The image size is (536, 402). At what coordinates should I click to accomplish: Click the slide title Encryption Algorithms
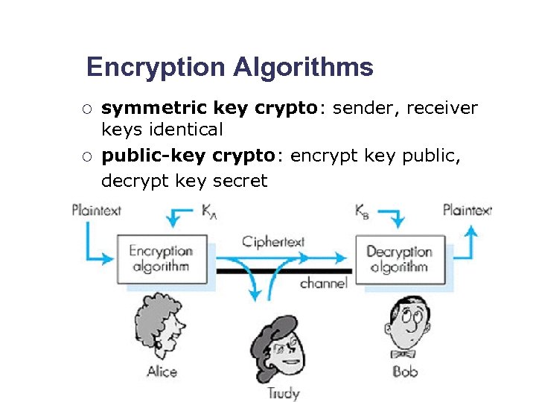click(229, 68)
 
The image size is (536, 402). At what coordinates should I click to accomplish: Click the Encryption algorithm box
click(162, 259)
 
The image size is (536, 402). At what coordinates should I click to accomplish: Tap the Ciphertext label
click(273, 242)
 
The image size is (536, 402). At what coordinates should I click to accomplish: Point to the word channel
click(324, 283)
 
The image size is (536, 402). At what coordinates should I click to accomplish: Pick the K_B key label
click(363, 211)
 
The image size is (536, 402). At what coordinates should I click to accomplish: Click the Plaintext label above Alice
click(97, 211)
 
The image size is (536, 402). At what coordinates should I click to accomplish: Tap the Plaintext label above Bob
click(467, 210)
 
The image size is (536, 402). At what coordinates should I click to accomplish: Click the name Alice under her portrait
click(162, 371)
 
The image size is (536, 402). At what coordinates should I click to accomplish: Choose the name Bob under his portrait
click(405, 370)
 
